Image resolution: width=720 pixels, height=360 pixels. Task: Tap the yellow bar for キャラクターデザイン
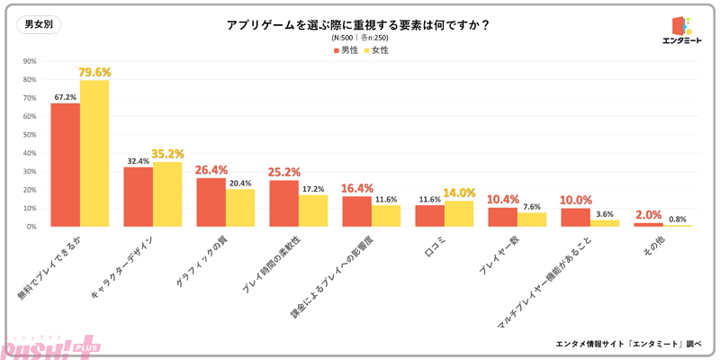(166, 194)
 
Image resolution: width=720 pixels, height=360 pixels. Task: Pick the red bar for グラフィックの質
(211, 202)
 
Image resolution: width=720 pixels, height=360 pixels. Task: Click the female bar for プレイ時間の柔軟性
(313, 211)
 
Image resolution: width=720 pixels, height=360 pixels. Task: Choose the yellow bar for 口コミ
(458, 213)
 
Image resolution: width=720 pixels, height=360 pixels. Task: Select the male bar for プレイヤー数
(502, 217)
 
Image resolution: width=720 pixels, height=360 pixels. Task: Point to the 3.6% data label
(604, 213)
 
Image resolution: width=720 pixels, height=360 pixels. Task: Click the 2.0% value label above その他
(649, 215)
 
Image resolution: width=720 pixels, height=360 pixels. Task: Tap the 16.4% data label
(356, 189)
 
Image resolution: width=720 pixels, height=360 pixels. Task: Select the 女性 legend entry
(377, 50)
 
